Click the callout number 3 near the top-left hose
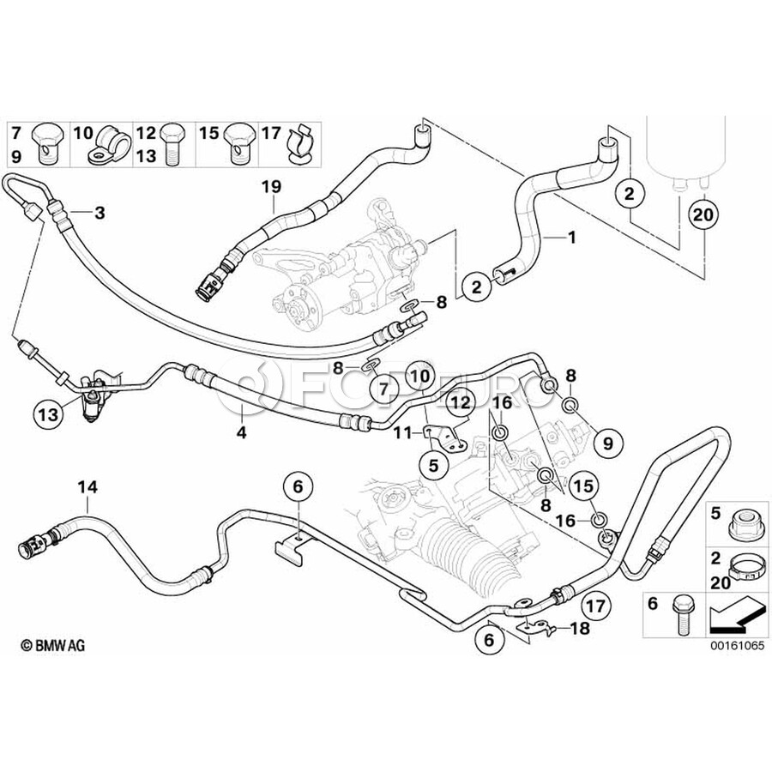(100, 213)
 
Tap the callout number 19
(271, 184)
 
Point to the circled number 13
(48, 414)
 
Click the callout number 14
(87, 486)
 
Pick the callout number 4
(242, 433)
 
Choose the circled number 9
(607, 443)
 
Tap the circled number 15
(584, 486)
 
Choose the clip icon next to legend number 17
(299, 143)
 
